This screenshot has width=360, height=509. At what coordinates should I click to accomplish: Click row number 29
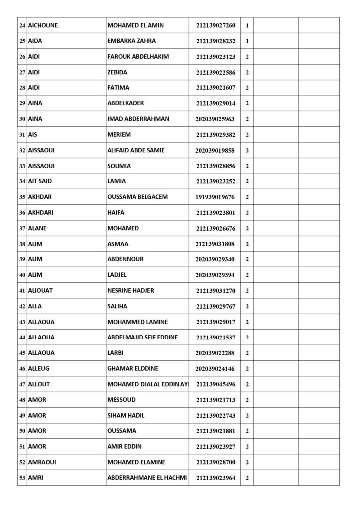(22, 103)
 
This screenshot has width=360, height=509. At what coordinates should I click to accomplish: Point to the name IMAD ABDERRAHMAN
(138, 119)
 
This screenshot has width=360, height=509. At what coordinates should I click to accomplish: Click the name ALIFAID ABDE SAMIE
(136, 150)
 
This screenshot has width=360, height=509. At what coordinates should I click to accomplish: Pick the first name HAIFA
(116, 212)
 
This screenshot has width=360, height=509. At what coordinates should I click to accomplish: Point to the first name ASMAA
(118, 244)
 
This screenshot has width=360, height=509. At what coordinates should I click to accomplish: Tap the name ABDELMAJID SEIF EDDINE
(142, 338)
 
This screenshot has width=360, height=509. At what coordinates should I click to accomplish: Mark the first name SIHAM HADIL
(126, 416)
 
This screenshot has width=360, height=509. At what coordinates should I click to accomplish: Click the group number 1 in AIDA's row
(247, 41)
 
